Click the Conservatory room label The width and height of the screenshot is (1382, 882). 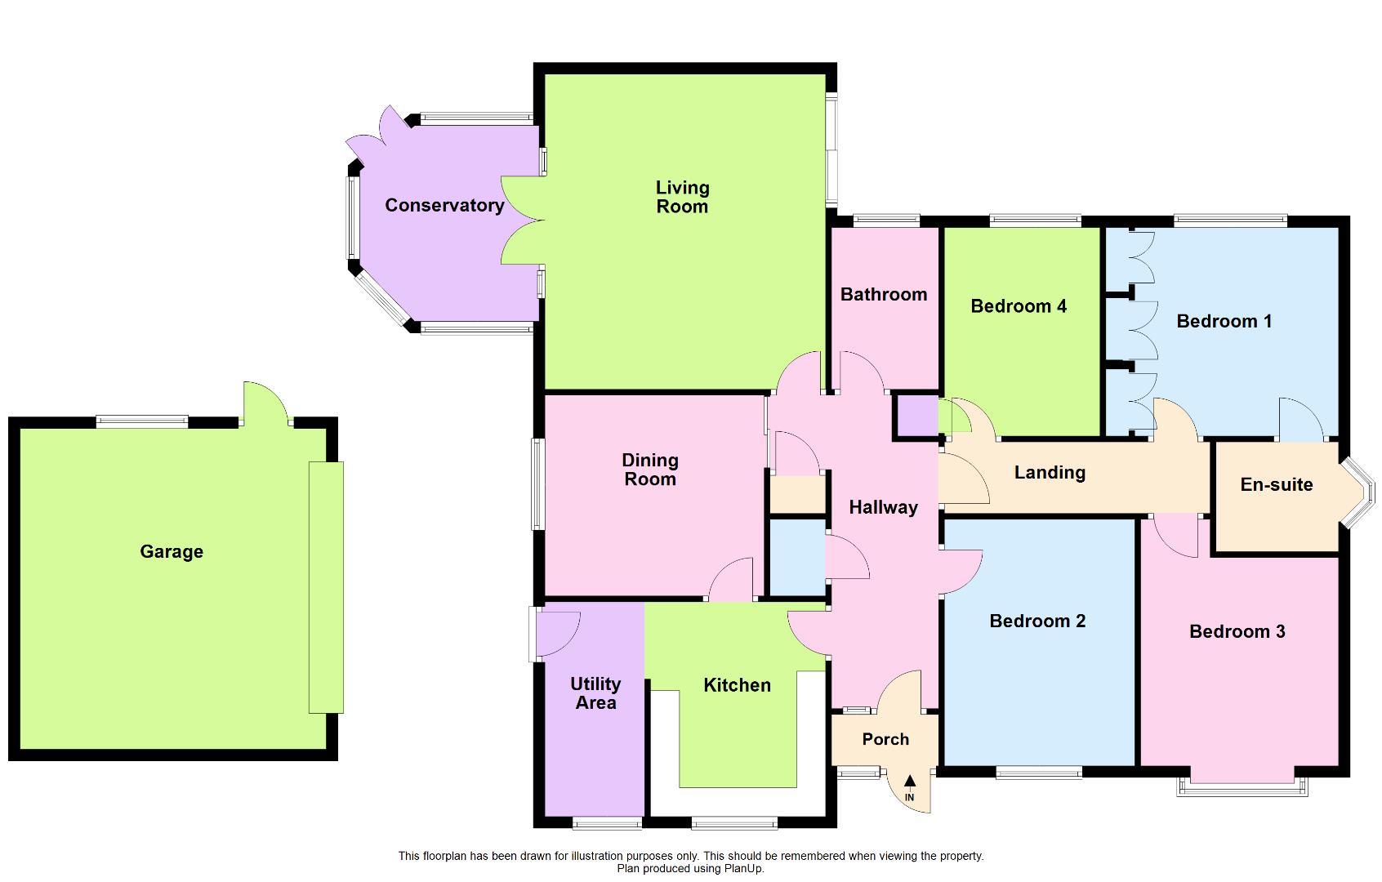point(444,205)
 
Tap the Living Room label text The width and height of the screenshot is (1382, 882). point(682,197)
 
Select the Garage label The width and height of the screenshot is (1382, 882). point(172,552)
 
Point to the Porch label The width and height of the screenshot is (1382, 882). point(885,739)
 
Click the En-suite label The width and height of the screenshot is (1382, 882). point(1276,484)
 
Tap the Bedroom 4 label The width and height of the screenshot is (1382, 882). point(1018,306)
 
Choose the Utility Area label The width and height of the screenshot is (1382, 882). point(595,693)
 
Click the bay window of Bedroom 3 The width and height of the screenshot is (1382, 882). point(1242,786)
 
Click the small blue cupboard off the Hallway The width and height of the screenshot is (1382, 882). point(797,557)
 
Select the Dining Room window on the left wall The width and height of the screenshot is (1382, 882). point(537,483)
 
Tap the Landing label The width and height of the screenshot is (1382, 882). point(1050,472)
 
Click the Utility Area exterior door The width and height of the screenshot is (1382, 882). point(555,633)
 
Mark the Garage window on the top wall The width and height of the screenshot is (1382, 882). point(142,421)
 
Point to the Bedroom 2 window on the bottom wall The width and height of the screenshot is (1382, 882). point(1039,772)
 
